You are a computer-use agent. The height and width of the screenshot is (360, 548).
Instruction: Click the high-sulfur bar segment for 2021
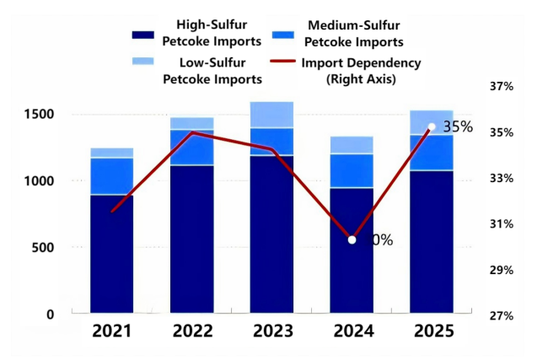pyautogui.click(x=112, y=254)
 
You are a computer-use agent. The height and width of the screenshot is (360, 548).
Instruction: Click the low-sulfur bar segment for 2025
pyautogui.click(x=431, y=122)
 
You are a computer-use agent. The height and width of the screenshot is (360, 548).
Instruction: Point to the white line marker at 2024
pyautogui.click(x=352, y=240)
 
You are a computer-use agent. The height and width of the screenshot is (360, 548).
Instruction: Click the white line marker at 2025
pyautogui.click(x=432, y=127)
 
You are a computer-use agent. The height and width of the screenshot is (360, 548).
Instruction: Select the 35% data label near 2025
pyautogui.click(x=458, y=127)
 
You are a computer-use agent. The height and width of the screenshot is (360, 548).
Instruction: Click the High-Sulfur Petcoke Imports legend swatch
pyautogui.click(x=150, y=35)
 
